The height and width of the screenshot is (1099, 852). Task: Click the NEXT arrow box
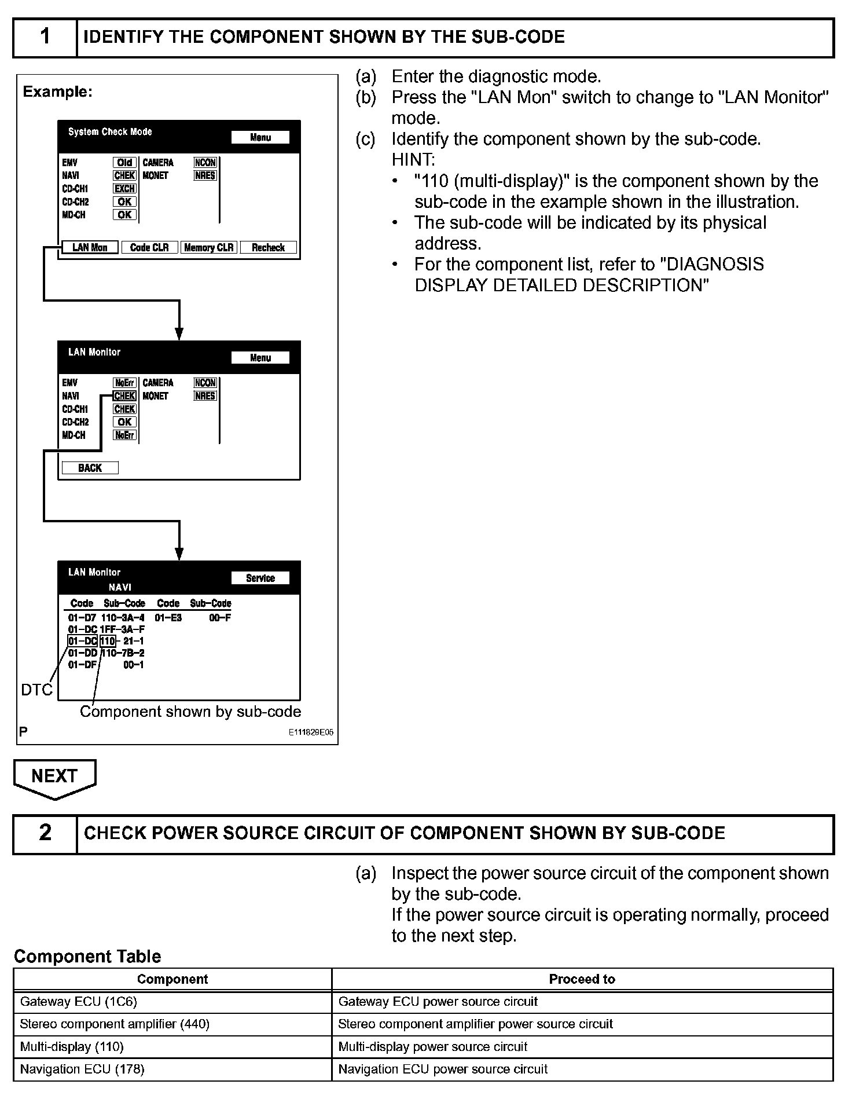54,777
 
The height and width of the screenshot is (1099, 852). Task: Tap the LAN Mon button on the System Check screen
90,247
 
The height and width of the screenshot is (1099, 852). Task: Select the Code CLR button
149,247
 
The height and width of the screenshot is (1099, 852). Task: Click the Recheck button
268,247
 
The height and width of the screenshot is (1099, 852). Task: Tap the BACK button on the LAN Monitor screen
90,468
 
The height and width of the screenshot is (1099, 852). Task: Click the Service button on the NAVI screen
260,578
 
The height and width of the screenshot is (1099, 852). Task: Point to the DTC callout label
36,690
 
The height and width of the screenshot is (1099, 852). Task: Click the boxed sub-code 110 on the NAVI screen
108,641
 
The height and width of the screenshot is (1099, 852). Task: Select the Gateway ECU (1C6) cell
172,1002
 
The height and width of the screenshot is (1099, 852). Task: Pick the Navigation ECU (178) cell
172,1069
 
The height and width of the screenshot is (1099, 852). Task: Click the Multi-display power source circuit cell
582,1047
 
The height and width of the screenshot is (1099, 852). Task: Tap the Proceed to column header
582,979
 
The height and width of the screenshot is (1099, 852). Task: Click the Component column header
172,979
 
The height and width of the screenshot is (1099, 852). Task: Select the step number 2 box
45,833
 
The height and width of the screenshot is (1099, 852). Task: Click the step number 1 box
45,37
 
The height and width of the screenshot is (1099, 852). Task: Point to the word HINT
413,160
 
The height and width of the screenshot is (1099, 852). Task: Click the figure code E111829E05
311,732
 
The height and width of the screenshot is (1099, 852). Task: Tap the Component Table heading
87,957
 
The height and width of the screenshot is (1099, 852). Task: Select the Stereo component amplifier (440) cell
172,1024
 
